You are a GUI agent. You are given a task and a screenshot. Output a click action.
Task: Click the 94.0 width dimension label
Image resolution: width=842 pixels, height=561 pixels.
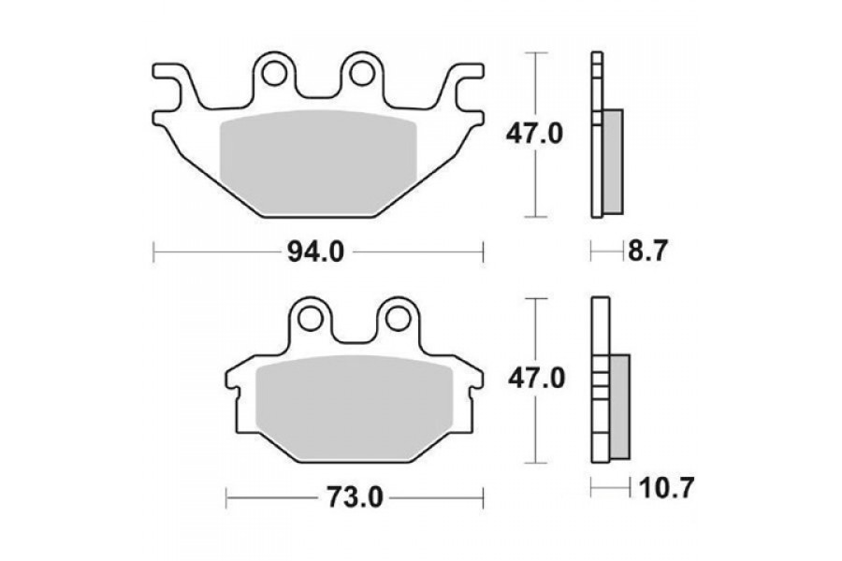tap(316, 252)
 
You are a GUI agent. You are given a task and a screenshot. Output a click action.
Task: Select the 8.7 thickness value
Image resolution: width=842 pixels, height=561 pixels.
tap(647, 251)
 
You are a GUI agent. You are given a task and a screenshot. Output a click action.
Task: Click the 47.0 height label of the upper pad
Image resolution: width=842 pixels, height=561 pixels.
tap(534, 134)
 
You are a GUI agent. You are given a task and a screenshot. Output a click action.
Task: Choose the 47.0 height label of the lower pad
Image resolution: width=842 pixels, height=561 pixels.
tap(536, 379)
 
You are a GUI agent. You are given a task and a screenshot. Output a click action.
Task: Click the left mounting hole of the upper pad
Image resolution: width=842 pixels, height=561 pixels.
tap(274, 74)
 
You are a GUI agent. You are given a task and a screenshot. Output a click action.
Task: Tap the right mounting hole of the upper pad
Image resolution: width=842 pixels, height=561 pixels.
tap(362, 74)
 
